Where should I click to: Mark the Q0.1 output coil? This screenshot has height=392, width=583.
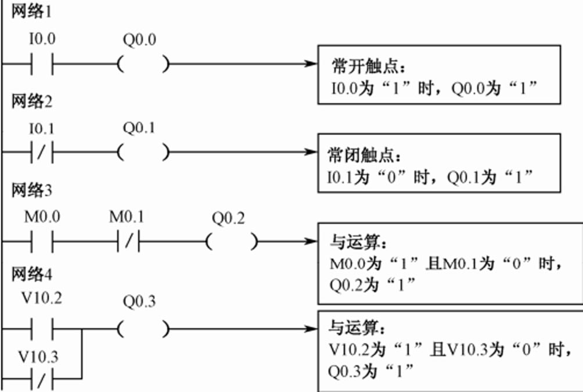[x=143, y=153]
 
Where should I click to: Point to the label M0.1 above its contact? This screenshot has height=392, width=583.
[x=127, y=218]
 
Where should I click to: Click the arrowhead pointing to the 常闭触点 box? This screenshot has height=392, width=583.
[x=312, y=153]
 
